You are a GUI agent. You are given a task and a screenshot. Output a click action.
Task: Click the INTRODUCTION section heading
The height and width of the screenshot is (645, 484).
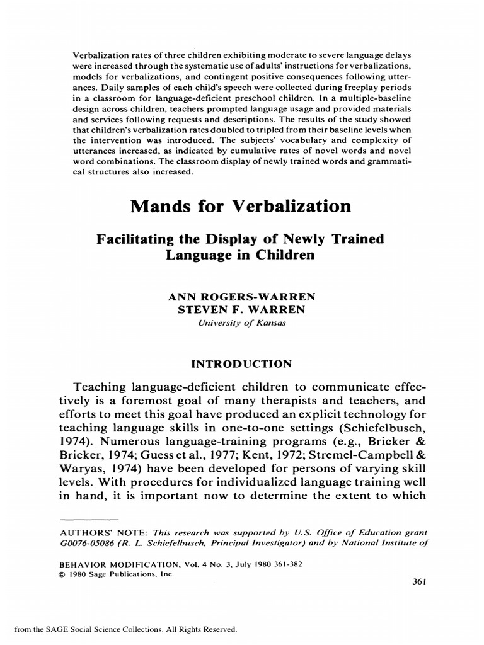click(x=238, y=363)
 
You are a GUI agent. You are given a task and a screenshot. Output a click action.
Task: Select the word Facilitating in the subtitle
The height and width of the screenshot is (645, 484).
click(x=130, y=240)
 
